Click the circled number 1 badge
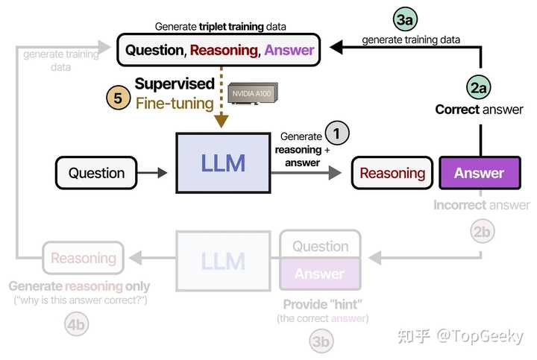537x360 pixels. click(x=336, y=133)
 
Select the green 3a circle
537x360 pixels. click(x=404, y=20)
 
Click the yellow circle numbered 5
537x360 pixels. click(x=118, y=98)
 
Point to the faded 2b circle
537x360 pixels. click(x=483, y=232)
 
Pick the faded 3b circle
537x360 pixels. click(x=321, y=341)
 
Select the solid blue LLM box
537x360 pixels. click(x=222, y=162)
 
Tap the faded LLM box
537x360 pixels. click(x=222, y=261)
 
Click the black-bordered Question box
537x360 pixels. click(x=96, y=173)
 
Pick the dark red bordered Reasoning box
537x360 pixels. click(x=392, y=173)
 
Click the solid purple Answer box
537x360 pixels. click(x=479, y=173)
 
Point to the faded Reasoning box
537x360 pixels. click(x=83, y=259)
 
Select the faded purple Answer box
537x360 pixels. click(x=320, y=274)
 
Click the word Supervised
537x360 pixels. click(x=175, y=83)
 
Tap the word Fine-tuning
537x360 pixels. click(x=175, y=103)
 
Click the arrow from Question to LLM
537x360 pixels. click(x=157, y=173)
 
